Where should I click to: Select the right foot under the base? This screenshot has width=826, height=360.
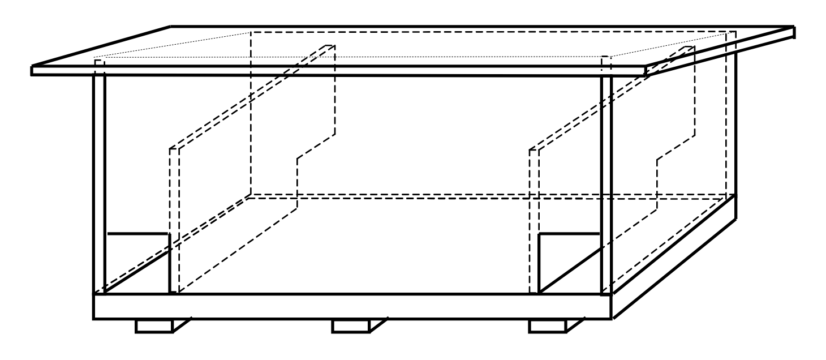tap(547, 326)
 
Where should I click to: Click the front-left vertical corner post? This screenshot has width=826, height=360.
tap(99, 181)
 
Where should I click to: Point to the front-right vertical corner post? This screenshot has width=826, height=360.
tap(606, 181)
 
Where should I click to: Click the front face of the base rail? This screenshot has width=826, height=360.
tap(351, 307)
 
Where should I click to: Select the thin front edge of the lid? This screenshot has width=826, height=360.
tap(339, 71)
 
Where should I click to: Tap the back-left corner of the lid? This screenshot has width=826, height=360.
tap(171, 27)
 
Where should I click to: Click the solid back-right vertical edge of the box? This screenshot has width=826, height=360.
tap(735, 125)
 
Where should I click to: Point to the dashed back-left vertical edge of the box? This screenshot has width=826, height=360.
tap(250, 113)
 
